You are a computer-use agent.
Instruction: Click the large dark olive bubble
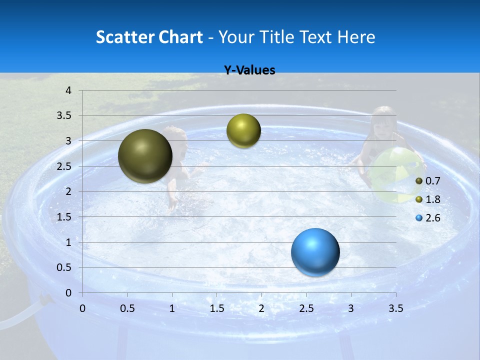(145, 156)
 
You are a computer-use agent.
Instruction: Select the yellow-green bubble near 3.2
(243, 130)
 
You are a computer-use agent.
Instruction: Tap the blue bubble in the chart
(315, 252)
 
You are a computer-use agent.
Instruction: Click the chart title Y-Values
(249, 70)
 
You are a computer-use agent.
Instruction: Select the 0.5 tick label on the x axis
(127, 308)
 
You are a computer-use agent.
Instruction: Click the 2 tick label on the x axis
(261, 308)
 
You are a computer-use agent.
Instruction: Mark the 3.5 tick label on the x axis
(395, 308)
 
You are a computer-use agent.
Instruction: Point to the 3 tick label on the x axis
(351, 308)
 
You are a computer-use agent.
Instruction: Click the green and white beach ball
(397, 175)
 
